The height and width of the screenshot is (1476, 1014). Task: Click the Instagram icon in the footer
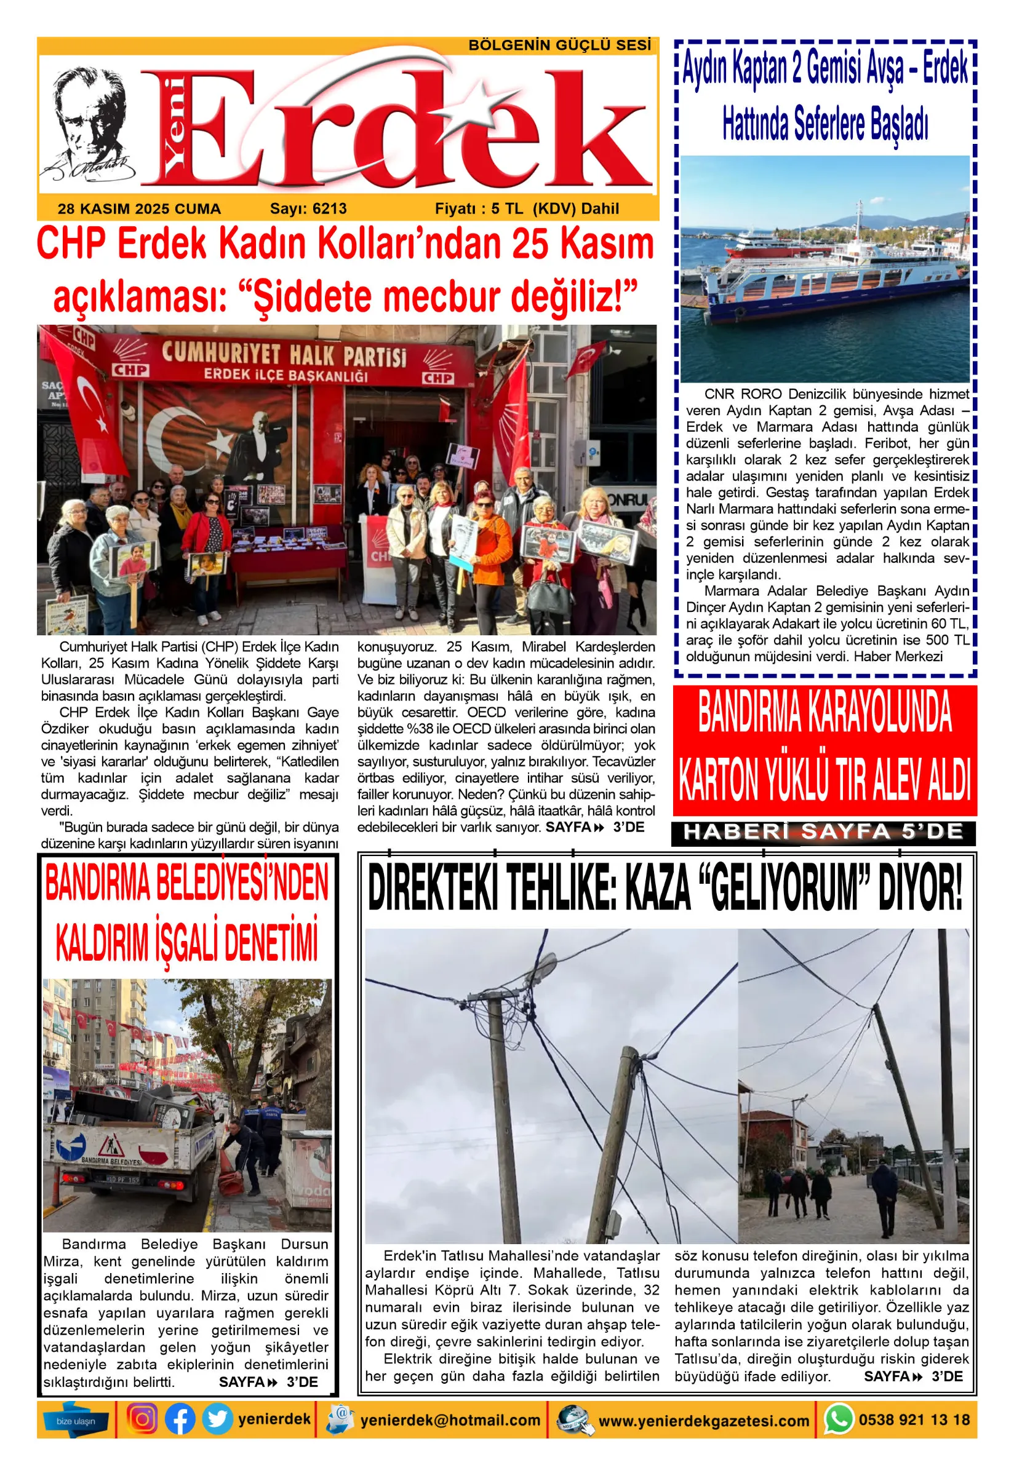[142, 1419]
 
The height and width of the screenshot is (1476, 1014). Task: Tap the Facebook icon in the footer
[180, 1419]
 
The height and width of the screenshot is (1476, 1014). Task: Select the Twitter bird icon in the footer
[217, 1419]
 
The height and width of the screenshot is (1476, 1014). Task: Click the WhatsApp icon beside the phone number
[839, 1419]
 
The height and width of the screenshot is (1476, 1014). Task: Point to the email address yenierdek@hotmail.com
[450, 1420]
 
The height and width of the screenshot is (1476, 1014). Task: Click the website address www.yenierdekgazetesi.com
[704, 1421]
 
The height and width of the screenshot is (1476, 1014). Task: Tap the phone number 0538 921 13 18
[914, 1419]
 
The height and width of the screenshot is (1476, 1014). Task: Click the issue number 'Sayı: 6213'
[308, 209]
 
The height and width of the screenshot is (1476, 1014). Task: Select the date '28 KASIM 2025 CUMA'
[139, 209]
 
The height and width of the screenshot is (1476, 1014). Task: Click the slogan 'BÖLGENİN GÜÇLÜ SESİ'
[559, 46]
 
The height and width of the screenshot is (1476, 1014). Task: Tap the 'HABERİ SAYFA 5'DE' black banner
[823, 832]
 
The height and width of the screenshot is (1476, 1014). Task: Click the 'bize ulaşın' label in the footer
[76, 1421]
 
